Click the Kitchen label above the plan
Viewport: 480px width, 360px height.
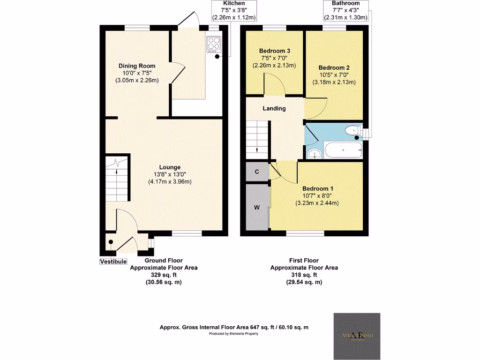point(233,3)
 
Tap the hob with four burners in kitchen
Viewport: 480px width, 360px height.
point(214,43)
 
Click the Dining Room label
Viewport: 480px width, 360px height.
point(137,66)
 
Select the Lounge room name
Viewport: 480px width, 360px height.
point(170,167)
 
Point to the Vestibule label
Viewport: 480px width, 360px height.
point(113,261)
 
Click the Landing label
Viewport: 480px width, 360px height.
point(274,108)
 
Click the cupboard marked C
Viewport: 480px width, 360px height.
point(257,172)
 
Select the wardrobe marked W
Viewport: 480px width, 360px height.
point(257,207)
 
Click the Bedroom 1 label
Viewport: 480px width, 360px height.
point(317,188)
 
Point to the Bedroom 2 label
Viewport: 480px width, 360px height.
point(334,67)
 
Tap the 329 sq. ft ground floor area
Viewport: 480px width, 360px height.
point(163,275)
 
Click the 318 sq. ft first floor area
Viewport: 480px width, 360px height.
point(304,275)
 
